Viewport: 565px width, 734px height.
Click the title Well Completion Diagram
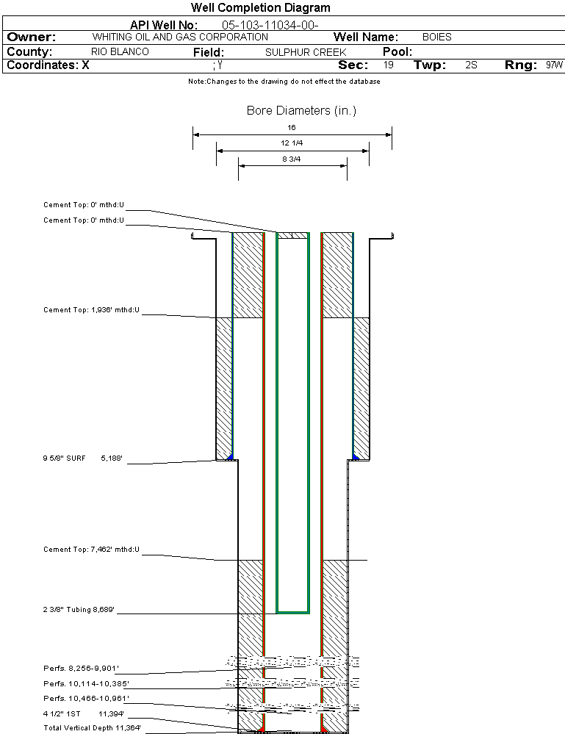260,8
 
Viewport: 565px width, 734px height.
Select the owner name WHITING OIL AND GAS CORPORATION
180,37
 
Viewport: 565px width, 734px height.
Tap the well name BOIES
436,37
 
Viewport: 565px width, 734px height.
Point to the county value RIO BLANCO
120,52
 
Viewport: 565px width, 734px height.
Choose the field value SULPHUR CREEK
306,52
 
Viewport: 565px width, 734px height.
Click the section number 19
389,65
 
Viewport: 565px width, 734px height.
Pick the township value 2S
471,65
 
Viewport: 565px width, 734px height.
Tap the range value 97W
554,65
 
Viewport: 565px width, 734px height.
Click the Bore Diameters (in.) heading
301,111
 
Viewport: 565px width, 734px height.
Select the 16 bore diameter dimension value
292,128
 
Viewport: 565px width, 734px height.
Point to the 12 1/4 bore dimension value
292,143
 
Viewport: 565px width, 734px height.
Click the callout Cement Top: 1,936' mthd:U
91,311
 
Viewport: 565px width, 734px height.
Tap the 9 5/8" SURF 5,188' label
82,458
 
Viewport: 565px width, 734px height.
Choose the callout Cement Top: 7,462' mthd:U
91,550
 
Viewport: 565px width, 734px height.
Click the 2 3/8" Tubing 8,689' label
79,610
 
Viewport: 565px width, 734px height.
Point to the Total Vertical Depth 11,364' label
92,728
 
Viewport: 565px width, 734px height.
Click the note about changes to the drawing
284,82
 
